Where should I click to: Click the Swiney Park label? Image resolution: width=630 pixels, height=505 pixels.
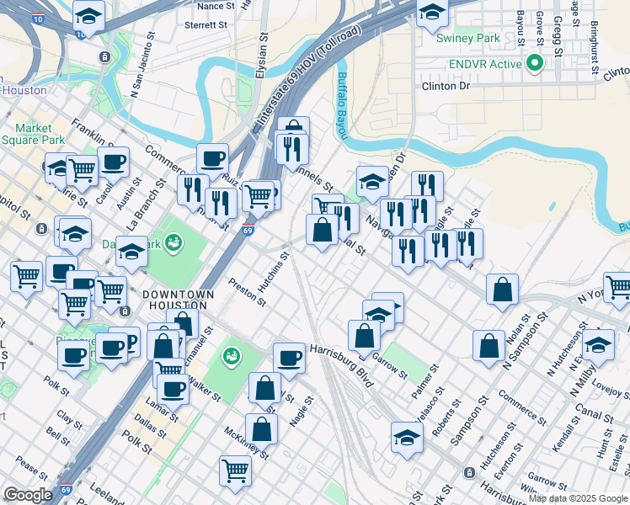point(467,38)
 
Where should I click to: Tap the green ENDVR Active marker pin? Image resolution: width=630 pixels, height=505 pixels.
point(534,63)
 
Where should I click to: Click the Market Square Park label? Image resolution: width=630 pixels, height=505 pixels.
point(39,134)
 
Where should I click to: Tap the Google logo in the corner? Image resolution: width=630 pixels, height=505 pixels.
point(28,495)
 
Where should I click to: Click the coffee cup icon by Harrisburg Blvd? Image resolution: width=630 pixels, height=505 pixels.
point(289,358)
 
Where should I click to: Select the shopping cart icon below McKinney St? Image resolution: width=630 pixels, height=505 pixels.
point(235,470)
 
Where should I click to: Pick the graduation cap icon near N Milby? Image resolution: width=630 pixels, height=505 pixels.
point(599,345)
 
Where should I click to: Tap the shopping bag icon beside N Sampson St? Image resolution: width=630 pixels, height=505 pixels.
point(489,346)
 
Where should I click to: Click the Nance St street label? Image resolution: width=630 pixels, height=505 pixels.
point(216,6)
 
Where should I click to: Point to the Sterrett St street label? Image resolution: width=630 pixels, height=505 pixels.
point(206,26)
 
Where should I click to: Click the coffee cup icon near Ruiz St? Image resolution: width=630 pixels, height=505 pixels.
point(212,157)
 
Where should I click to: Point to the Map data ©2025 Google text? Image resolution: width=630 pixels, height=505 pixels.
point(577,498)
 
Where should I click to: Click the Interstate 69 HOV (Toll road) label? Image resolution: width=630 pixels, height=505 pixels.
point(307,80)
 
